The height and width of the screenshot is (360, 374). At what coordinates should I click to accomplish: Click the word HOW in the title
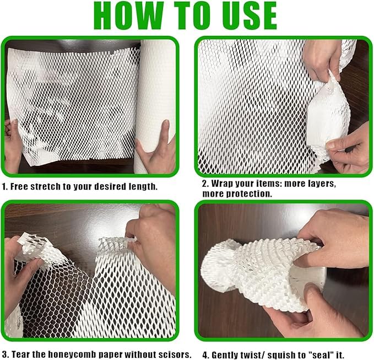129,16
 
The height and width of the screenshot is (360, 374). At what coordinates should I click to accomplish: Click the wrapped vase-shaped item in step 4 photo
262,272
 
